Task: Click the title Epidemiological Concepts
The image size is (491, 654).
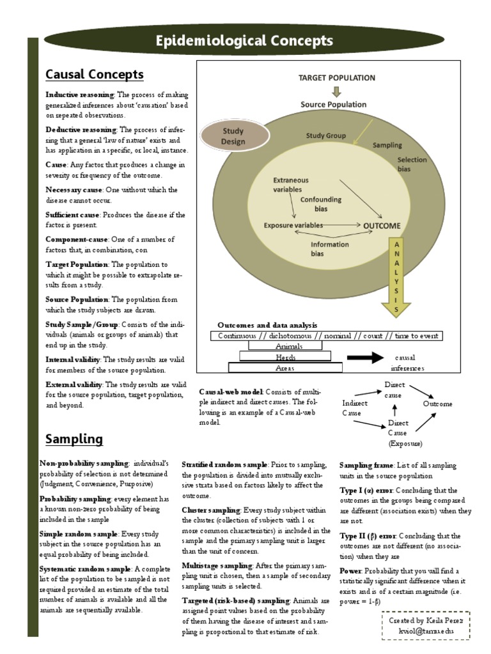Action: [245, 42]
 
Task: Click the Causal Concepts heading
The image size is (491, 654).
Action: [95, 75]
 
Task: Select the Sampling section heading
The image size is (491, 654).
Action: [74, 439]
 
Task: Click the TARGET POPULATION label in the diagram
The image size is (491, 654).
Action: [337, 78]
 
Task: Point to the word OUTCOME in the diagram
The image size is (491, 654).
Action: [382, 225]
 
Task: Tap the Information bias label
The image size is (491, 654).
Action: [329, 248]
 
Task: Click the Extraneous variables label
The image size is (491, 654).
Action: [291, 185]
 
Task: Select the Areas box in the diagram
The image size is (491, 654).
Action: [285, 368]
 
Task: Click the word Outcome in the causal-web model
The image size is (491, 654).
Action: [437, 404]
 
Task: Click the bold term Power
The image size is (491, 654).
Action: [351, 570]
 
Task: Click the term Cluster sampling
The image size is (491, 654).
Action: [211, 510]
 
